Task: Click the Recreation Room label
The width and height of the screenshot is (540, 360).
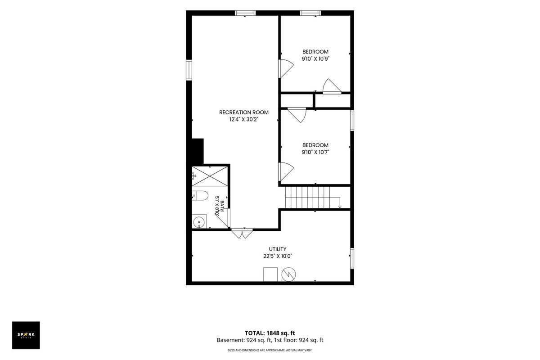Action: click(x=244, y=112)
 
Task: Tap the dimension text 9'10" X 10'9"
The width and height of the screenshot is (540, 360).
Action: click(x=315, y=58)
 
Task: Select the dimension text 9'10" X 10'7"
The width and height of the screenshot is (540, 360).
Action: click(x=315, y=152)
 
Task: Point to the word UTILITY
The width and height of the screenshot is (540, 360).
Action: click(x=278, y=249)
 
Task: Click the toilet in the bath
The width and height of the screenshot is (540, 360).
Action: click(x=200, y=196)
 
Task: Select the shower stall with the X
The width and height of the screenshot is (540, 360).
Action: click(x=210, y=176)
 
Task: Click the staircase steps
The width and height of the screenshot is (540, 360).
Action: click(x=307, y=197)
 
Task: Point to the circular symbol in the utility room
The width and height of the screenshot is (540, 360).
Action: click(x=288, y=274)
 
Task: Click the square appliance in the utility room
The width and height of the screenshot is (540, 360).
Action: click(x=270, y=274)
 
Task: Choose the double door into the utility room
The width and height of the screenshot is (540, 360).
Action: click(x=242, y=233)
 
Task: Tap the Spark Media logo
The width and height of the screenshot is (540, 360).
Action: click(x=26, y=335)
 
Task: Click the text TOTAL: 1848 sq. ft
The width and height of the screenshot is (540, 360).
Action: click(x=270, y=333)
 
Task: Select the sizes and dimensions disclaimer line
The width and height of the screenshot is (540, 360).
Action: click(x=270, y=350)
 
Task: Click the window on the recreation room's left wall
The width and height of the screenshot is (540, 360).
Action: click(x=189, y=70)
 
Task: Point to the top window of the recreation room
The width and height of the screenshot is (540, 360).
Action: click(x=245, y=13)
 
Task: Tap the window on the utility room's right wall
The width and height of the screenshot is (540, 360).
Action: click(x=352, y=258)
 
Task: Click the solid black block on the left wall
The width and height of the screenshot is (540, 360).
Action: click(x=198, y=152)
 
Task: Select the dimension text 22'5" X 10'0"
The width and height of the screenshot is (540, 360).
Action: click(x=278, y=256)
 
